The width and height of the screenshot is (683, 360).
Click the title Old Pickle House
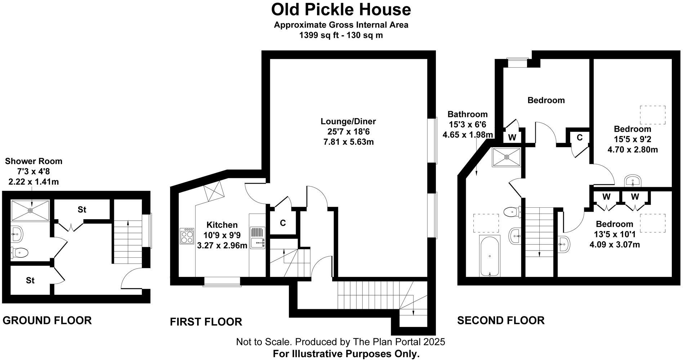click(341, 10)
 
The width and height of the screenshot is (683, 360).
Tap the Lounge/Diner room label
click(348, 121)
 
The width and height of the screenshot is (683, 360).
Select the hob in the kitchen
click(187, 236)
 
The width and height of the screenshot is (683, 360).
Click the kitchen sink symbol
click(258, 237)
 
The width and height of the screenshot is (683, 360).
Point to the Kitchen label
click(222, 225)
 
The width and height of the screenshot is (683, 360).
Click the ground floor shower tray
click(30, 210)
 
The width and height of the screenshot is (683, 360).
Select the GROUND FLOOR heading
click(47, 320)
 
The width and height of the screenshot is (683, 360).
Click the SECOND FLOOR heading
click(501, 320)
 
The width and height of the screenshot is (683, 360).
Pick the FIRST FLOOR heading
click(206, 321)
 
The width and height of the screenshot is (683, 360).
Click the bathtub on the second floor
click(490, 256)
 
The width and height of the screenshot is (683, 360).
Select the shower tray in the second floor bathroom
click(506, 157)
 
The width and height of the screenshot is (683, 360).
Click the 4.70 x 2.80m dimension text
click(633, 149)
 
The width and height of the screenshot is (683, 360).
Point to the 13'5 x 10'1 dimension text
click(615, 235)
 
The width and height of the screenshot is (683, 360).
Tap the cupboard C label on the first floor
click(283, 223)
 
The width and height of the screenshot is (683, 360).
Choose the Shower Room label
click(34, 161)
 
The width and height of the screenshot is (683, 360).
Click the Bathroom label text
click(468, 114)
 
